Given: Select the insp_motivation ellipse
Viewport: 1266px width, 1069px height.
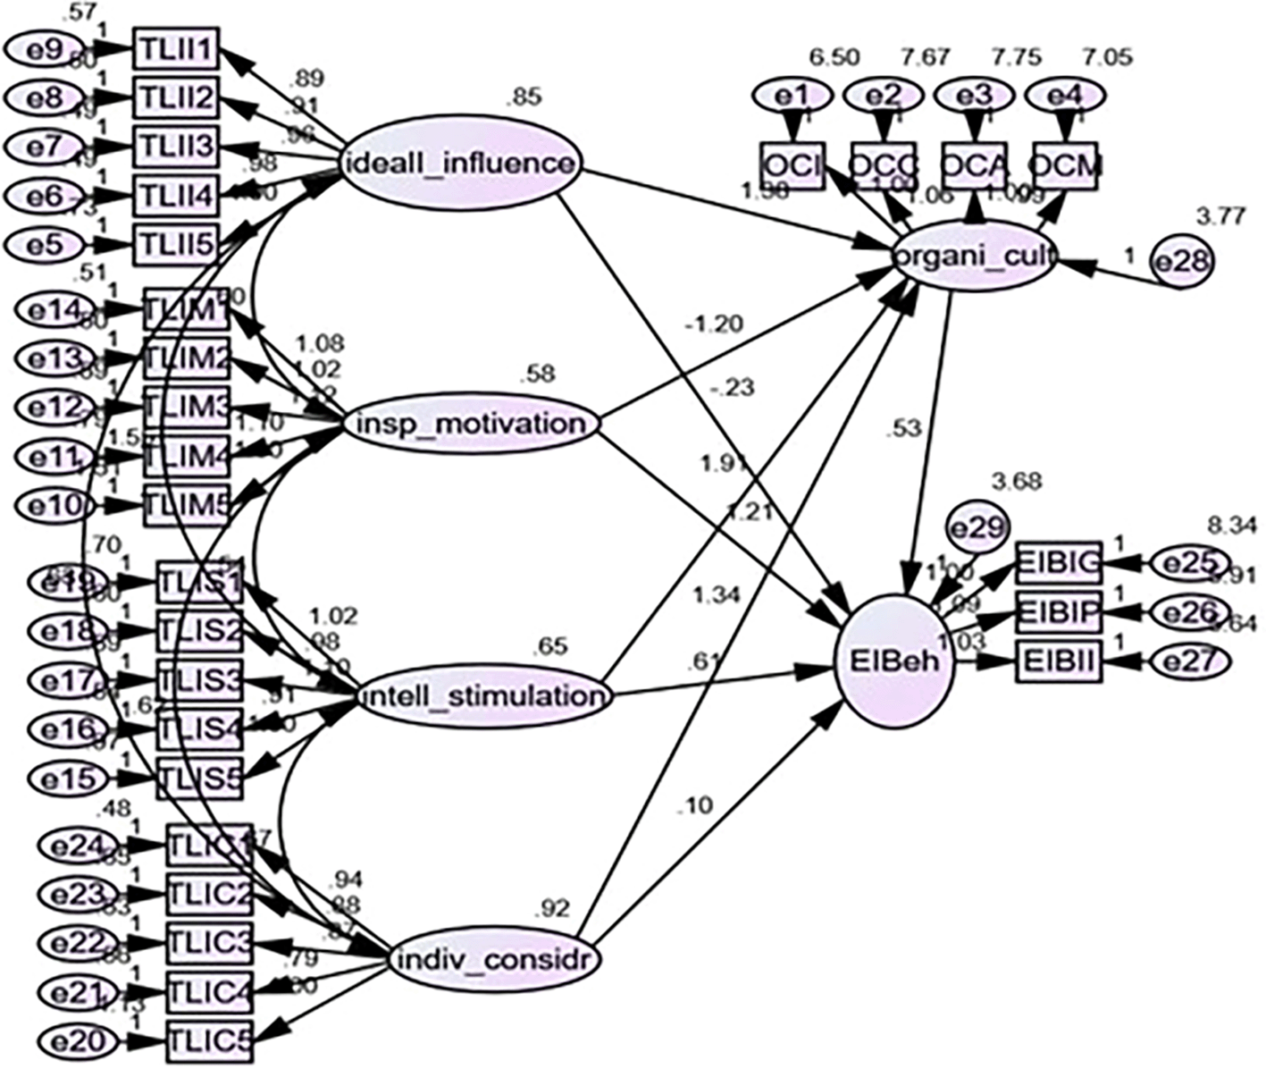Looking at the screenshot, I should click(x=469, y=424).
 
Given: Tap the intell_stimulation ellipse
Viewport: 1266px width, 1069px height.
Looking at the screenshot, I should click(x=483, y=696).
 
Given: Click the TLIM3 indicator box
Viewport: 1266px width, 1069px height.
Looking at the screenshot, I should click(x=188, y=407).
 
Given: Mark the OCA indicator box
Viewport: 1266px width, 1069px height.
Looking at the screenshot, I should click(x=976, y=165).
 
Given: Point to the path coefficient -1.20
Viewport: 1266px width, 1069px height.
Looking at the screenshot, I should click(x=710, y=324).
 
